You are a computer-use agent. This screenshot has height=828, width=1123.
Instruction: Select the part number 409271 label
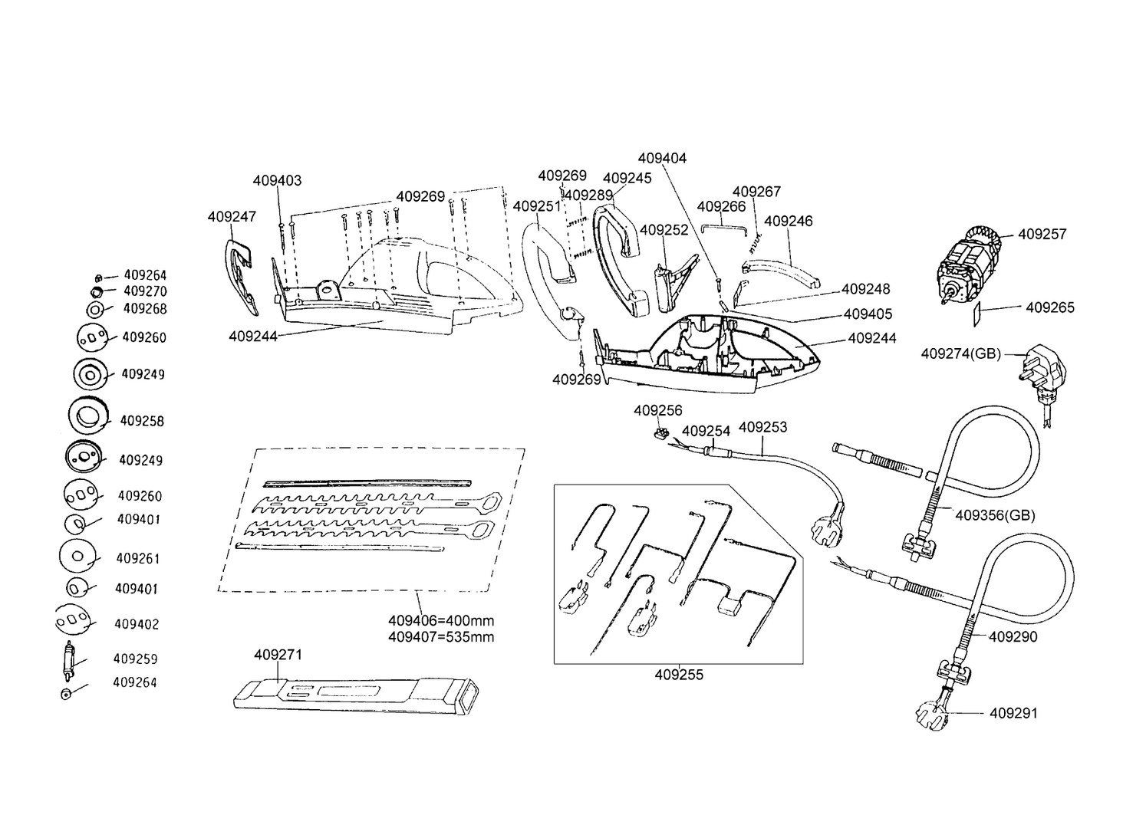(x=278, y=655)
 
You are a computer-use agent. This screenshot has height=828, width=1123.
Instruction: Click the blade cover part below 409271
(x=357, y=693)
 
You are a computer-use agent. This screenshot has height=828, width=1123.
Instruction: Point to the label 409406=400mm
(x=441, y=621)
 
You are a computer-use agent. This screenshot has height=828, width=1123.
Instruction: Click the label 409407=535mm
(x=441, y=637)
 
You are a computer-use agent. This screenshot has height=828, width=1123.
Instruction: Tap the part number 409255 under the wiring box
(x=679, y=675)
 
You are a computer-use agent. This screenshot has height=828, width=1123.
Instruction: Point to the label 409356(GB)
(x=995, y=515)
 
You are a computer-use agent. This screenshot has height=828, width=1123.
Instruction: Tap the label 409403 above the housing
(x=277, y=181)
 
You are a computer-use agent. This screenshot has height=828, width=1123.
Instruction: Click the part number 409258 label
(x=142, y=421)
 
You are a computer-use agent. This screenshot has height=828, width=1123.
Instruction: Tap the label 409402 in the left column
(x=137, y=624)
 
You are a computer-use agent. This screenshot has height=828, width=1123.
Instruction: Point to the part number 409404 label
(x=662, y=159)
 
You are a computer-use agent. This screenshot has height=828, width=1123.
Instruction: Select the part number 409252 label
(x=664, y=230)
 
